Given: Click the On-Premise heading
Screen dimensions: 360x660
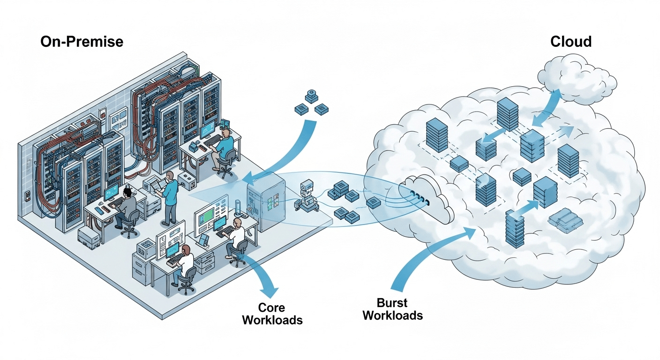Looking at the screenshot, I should coord(82,42).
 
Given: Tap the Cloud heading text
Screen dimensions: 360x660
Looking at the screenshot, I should coord(570,42).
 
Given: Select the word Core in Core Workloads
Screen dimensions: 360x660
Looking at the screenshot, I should coord(271,308).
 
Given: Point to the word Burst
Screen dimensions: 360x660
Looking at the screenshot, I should coord(393,302).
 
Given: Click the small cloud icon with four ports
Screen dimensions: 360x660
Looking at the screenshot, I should coord(424,197).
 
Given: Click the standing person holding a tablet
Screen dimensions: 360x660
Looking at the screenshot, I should coord(170,197).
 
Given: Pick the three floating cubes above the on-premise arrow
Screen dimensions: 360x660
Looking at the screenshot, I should coord(310,103).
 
